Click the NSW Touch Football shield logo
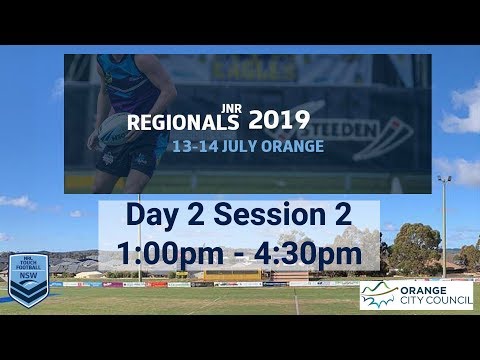point(28,277)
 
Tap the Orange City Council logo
point(415,295)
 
